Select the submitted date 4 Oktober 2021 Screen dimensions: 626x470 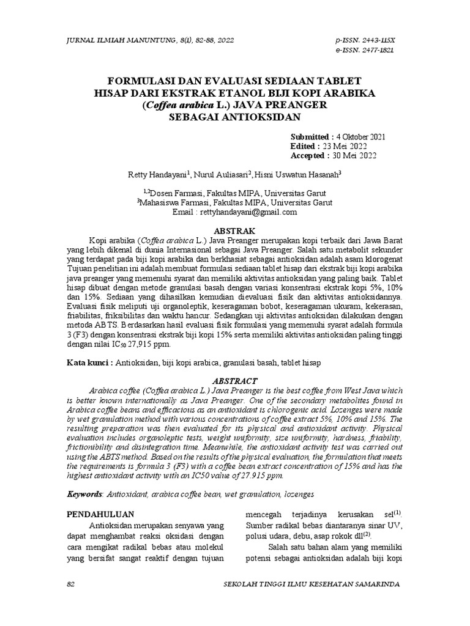pyautogui.click(x=360, y=136)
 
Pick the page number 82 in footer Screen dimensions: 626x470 pyautogui.click(x=70, y=584)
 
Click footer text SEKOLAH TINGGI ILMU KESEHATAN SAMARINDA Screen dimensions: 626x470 pyautogui.click(x=313, y=584)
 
